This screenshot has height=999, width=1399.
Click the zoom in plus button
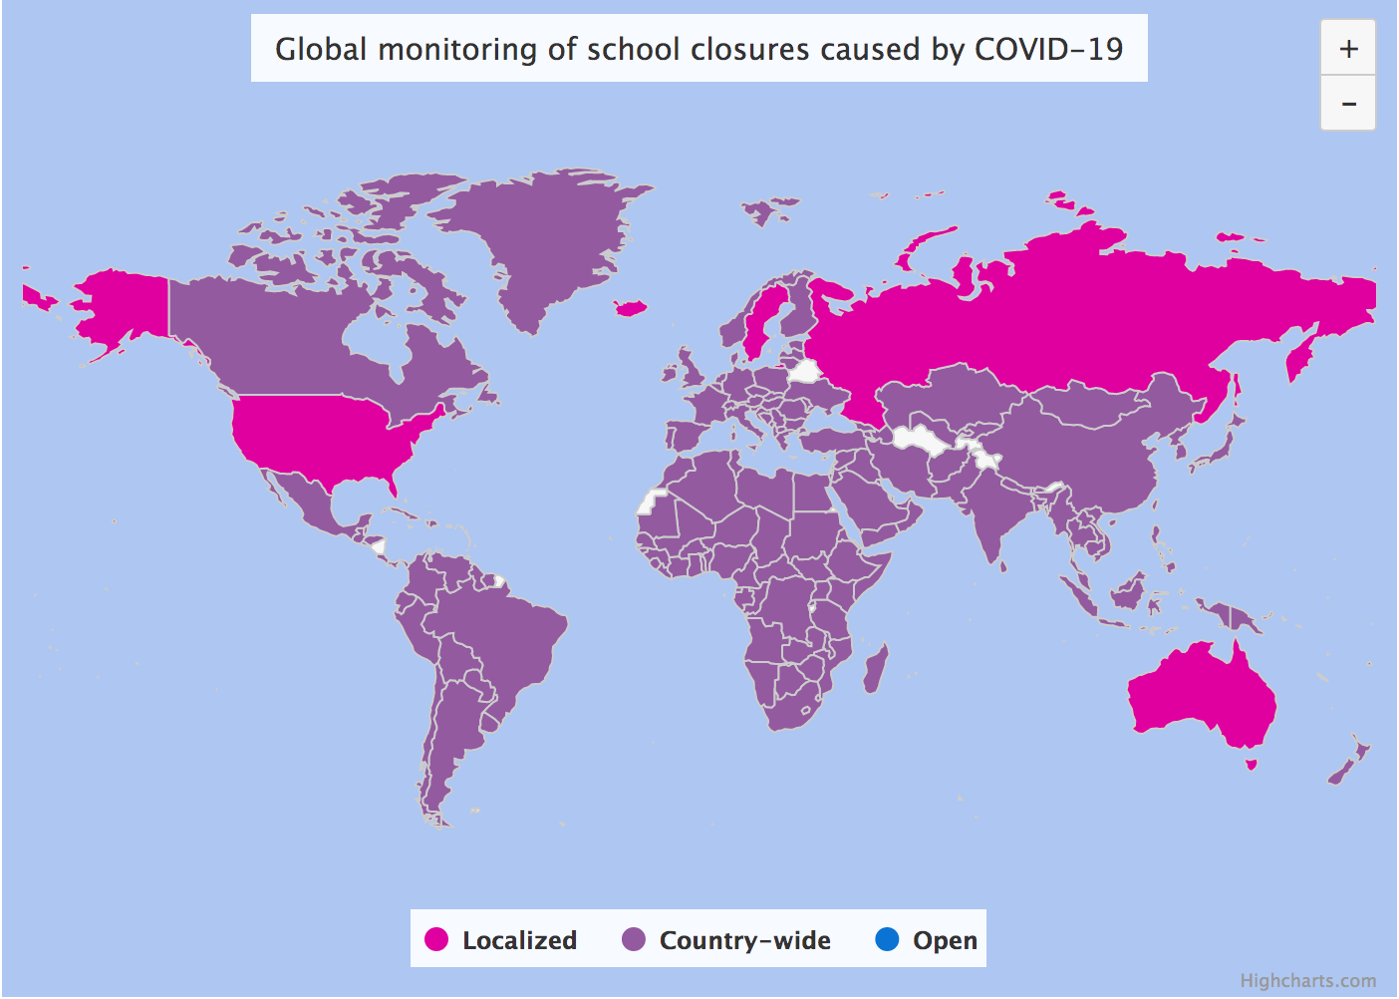click(x=1348, y=49)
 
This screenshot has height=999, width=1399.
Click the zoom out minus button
click(x=1348, y=104)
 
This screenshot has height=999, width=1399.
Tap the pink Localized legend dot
click(x=436, y=939)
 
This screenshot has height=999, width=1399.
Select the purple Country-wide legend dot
click(x=634, y=939)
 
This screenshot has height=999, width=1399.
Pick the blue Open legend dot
click(x=887, y=939)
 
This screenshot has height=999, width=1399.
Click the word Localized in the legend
click(x=519, y=940)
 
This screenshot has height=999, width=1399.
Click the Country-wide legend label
click(x=744, y=940)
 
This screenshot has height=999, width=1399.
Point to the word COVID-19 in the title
click(x=1048, y=49)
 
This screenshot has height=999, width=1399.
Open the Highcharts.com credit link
click(x=1307, y=981)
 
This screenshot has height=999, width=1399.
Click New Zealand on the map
click(x=1350, y=763)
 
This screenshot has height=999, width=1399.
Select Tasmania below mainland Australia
click(x=1252, y=765)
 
